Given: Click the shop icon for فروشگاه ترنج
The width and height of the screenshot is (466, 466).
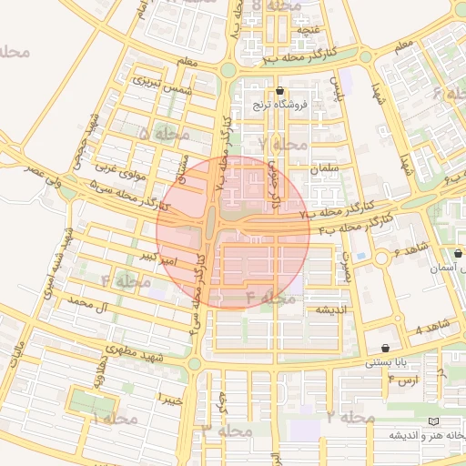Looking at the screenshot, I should tap(279, 91).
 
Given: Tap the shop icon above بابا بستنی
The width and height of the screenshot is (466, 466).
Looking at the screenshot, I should tap(386, 348).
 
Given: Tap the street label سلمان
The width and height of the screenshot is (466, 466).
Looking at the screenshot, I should tap(324, 169).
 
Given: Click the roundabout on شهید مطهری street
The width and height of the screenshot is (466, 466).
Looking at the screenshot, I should tap(193, 363).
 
